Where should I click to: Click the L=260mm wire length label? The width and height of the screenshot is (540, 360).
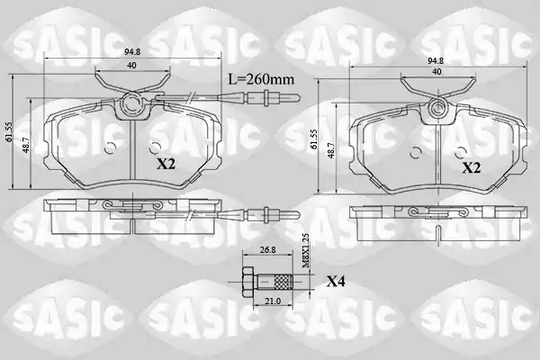[x=262, y=79]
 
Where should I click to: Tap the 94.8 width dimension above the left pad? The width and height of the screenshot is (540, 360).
[x=132, y=52]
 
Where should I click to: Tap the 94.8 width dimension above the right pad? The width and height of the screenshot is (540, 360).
[x=436, y=61]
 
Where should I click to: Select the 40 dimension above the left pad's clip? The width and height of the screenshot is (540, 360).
[x=131, y=65]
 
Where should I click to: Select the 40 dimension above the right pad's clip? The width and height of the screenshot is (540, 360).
[x=436, y=72]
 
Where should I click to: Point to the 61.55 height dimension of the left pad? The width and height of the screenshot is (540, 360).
[x=9, y=131]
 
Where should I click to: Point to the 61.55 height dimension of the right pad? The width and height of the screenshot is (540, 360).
[x=314, y=139]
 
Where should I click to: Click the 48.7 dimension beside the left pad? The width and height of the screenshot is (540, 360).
[x=26, y=146]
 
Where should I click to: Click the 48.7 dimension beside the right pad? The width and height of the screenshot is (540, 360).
[x=331, y=150]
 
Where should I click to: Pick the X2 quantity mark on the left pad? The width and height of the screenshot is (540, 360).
[x=166, y=165]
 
